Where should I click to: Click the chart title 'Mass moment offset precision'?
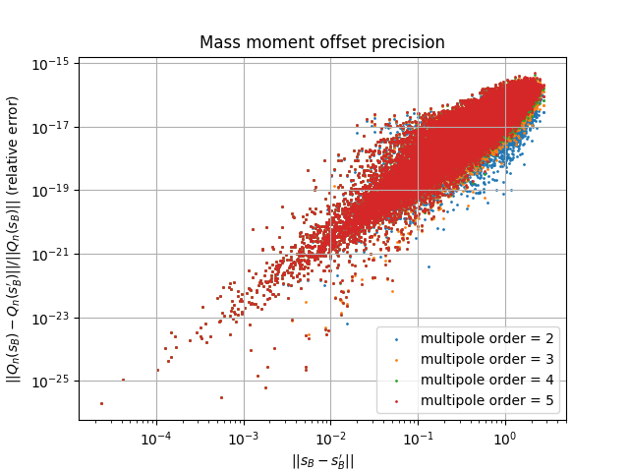click(x=321, y=42)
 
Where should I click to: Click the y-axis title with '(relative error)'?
click(x=14, y=239)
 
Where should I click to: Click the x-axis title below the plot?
click(x=321, y=460)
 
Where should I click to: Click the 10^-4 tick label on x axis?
click(x=156, y=436)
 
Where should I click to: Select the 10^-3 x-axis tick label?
click(x=244, y=436)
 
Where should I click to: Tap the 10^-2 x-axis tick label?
click(x=330, y=436)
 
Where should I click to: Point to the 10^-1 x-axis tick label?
click(x=418, y=436)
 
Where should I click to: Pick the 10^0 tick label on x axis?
click(x=505, y=436)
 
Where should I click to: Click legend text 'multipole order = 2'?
click(x=486, y=339)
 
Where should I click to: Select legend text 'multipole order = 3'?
click(x=486, y=360)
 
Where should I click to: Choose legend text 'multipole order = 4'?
click(x=486, y=380)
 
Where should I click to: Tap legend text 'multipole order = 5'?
click(x=486, y=400)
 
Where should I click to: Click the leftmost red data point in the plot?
click(x=101, y=403)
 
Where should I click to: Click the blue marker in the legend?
click(x=396, y=340)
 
